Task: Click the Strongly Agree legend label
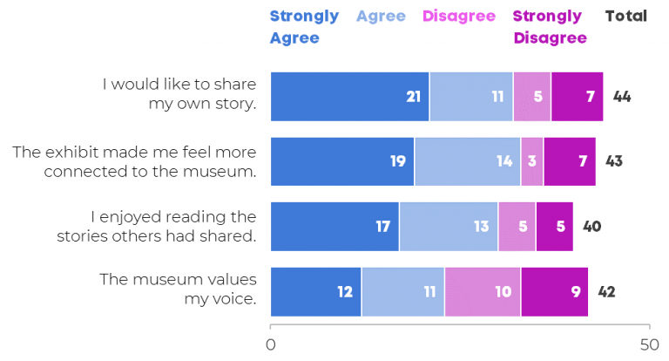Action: [304, 27]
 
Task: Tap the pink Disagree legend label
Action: [458, 16]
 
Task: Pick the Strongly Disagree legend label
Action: [550, 27]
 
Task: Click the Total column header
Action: [625, 16]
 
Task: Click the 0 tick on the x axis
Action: [271, 344]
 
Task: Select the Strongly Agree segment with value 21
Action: [349, 96]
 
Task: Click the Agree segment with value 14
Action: [467, 161]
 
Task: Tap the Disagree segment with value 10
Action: [483, 291]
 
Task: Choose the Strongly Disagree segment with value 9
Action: [554, 291]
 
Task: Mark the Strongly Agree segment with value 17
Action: [334, 226]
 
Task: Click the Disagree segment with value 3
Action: [531, 161]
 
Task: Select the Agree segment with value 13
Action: [448, 226]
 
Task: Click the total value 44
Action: [622, 96]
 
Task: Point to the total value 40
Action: [591, 226]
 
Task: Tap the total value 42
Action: [606, 291]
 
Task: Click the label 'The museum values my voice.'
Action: [178, 289]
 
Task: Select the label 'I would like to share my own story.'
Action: [179, 94]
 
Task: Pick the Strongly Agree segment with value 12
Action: [315, 291]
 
